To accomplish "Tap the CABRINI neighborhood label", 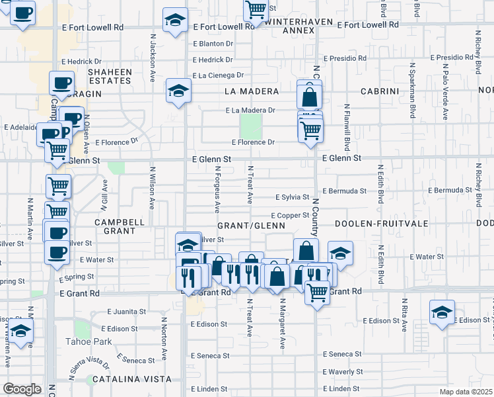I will click(x=380, y=91).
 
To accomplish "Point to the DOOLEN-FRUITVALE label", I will click(x=376, y=224).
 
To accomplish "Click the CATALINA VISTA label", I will click(x=131, y=379).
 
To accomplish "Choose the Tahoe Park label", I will click(x=88, y=341).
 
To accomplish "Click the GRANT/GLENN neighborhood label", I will click(x=251, y=225).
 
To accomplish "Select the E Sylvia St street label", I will click(x=292, y=197).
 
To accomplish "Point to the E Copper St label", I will click(x=290, y=215).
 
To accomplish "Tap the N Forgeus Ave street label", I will click(x=217, y=189).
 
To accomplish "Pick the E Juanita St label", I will click(x=125, y=310).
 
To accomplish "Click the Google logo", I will click(x=22, y=389).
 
